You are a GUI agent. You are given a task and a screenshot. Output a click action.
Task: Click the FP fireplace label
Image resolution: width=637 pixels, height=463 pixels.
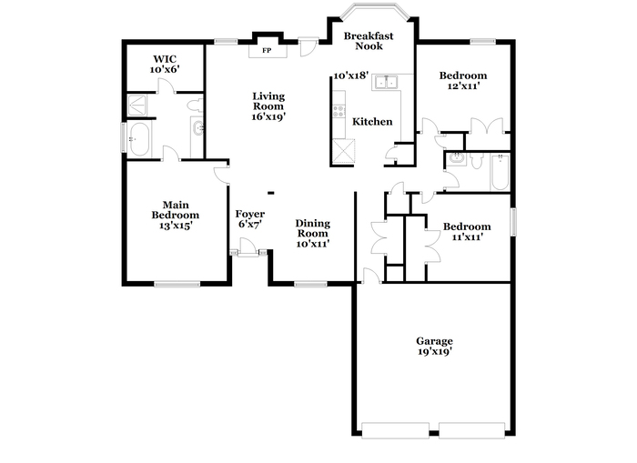(x=267, y=51)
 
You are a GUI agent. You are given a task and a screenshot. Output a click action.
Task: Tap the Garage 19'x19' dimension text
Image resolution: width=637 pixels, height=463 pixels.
(x=435, y=352)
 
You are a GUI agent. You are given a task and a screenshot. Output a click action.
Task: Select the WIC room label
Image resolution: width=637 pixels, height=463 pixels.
(x=165, y=59)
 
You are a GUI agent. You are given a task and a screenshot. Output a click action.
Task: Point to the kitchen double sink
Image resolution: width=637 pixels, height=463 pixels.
(x=386, y=82)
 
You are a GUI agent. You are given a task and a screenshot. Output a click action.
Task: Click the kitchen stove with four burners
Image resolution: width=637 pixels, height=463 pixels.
(x=339, y=111)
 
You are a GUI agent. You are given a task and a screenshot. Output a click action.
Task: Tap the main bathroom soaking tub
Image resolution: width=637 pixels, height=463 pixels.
(x=139, y=139)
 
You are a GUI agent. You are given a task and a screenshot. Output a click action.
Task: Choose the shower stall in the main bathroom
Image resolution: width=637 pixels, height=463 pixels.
(x=137, y=106)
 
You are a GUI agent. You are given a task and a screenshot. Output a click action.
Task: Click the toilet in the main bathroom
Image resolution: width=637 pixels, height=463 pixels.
(x=195, y=106)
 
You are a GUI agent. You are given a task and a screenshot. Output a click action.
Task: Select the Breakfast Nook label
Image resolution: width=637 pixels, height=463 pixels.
(x=369, y=41)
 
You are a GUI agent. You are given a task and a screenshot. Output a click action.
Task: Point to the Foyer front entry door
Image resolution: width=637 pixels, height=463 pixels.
(x=248, y=247)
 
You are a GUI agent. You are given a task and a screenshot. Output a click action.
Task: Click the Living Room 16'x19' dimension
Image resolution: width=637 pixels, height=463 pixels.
(x=268, y=116)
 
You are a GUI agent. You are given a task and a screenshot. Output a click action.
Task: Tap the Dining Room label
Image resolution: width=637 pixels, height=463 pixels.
(x=312, y=228)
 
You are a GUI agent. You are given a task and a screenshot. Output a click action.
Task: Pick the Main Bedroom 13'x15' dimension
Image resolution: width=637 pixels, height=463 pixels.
(x=176, y=226)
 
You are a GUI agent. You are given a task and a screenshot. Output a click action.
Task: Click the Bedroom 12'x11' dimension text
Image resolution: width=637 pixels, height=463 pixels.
(x=463, y=86)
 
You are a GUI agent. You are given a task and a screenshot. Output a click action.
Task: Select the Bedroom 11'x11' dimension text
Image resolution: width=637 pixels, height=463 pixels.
(x=467, y=237)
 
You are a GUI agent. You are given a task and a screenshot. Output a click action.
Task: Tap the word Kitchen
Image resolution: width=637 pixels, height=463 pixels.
(x=372, y=122)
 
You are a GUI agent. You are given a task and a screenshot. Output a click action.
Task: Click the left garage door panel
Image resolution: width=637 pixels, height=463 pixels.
(x=395, y=430)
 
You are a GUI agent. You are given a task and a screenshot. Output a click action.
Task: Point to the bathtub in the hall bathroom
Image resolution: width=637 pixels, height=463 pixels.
(x=500, y=172)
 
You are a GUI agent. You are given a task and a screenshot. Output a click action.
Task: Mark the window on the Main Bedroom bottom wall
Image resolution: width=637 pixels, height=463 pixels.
(x=177, y=284)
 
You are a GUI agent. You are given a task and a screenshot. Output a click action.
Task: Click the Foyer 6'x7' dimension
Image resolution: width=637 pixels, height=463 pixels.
(x=250, y=224)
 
